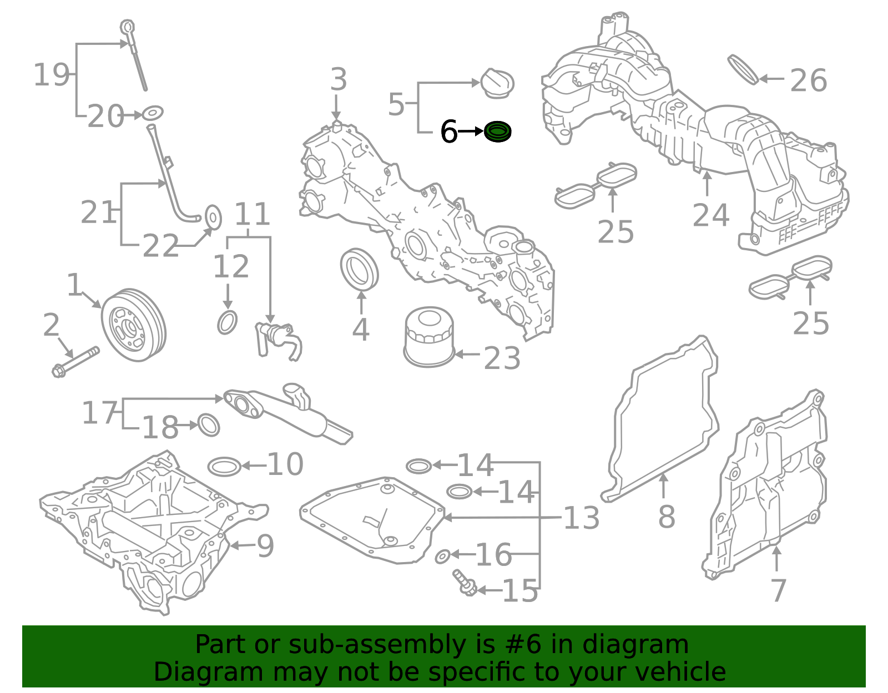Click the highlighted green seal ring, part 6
[x=497, y=132]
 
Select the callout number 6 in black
[x=448, y=132]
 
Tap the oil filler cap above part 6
[x=497, y=83]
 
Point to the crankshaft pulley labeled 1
[x=133, y=325]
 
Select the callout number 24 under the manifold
[x=710, y=215]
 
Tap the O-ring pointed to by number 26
[x=743, y=69]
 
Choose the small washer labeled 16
[x=442, y=557]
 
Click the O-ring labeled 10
[x=225, y=467]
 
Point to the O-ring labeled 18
[x=209, y=425]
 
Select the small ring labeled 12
[x=227, y=322]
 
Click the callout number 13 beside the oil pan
[x=581, y=518]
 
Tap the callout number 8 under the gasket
[x=666, y=517]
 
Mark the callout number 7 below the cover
[x=778, y=590]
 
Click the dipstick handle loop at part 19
[x=128, y=27]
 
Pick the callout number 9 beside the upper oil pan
[x=265, y=546]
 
